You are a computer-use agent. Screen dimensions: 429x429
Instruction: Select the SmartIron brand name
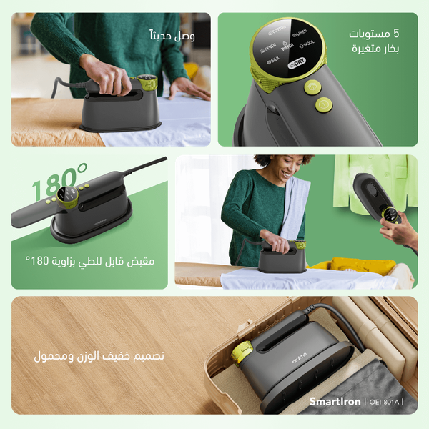(x=335, y=403)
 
